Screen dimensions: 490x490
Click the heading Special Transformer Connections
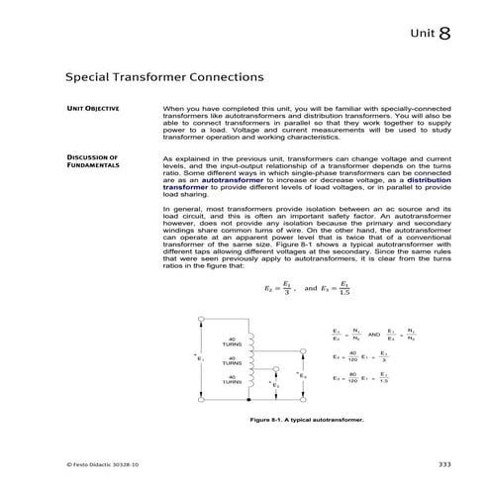pyautogui.click(x=163, y=75)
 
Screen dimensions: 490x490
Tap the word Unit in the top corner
pyautogui.click(x=421, y=36)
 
